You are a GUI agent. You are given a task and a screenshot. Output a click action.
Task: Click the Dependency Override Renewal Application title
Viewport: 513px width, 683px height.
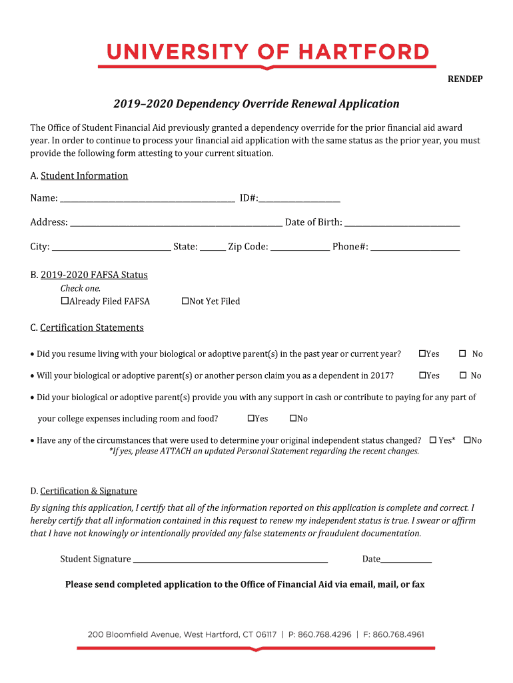256,104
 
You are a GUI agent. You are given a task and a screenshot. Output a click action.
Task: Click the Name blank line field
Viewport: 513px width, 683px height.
147,198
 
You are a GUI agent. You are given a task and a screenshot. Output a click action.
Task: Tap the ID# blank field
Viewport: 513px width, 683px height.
300,198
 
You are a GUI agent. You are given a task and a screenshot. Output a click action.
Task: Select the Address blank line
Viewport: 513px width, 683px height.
176,223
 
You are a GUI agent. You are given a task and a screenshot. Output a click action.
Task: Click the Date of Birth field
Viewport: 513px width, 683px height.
402,223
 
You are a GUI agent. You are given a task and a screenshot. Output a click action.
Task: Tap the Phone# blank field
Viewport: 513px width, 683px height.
414,247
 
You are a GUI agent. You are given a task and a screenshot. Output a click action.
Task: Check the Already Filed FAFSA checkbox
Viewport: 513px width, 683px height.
65,301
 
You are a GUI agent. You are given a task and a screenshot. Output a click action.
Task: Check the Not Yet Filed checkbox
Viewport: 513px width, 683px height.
186,301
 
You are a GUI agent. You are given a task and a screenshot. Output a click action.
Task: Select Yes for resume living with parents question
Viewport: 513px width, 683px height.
422,354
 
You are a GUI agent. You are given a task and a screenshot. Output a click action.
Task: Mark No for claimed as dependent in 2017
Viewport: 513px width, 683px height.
463,376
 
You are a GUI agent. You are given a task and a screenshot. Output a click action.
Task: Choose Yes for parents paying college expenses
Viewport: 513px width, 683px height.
251,418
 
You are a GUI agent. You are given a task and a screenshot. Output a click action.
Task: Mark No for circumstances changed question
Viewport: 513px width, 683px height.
467,440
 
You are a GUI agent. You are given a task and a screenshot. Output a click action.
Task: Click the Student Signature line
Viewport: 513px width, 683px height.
229,560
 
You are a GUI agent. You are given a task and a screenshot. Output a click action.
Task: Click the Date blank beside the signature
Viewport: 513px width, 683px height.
406,560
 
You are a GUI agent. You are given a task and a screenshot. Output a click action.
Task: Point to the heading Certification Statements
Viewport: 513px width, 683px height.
91,327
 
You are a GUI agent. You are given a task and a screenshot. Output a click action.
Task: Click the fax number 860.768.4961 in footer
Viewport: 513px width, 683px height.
398,634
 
